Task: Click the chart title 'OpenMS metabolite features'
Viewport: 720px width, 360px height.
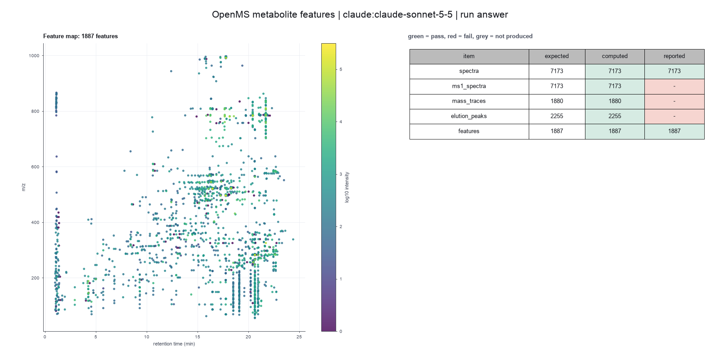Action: click(273, 14)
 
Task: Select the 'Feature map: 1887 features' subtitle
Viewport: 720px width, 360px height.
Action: click(81, 36)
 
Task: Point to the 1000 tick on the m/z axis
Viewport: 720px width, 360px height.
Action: click(34, 56)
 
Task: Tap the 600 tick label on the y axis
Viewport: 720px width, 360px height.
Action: click(35, 167)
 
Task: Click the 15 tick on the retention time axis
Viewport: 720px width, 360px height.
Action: click(198, 337)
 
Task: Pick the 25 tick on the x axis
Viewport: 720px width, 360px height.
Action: click(299, 337)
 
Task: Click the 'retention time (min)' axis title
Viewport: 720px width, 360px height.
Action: click(174, 344)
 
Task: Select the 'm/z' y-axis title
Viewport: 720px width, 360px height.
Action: click(23, 187)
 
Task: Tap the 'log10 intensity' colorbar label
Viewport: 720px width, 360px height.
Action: click(347, 187)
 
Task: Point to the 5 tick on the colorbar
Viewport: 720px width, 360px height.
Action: click(341, 69)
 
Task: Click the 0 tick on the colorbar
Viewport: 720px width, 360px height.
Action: click(341, 331)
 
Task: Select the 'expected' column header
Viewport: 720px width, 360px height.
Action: click(557, 56)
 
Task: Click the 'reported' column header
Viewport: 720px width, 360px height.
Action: click(674, 56)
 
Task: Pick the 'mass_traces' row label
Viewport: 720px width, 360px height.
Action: click(468, 101)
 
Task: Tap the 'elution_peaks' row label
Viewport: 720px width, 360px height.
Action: click(468, 116)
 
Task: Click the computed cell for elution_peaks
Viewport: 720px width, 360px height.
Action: click(615, 116)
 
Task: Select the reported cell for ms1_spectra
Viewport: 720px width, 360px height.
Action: click(675, 86)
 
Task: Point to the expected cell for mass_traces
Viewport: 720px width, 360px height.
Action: click(557, 101)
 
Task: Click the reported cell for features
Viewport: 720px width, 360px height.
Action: click(675, 131)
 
